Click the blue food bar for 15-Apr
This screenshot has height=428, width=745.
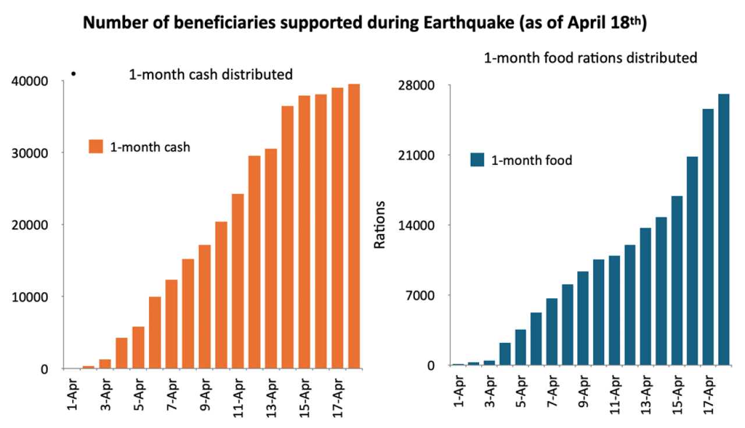[x=676, y=280]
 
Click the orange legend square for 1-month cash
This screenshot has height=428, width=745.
[x=95, y=146]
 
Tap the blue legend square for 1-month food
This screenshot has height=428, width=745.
[x=477, y=160]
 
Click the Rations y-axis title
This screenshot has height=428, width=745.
[x=379, y=225]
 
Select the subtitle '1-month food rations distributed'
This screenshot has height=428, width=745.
[x=590, y=58]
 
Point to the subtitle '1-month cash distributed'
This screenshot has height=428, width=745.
[x=210, y=75]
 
